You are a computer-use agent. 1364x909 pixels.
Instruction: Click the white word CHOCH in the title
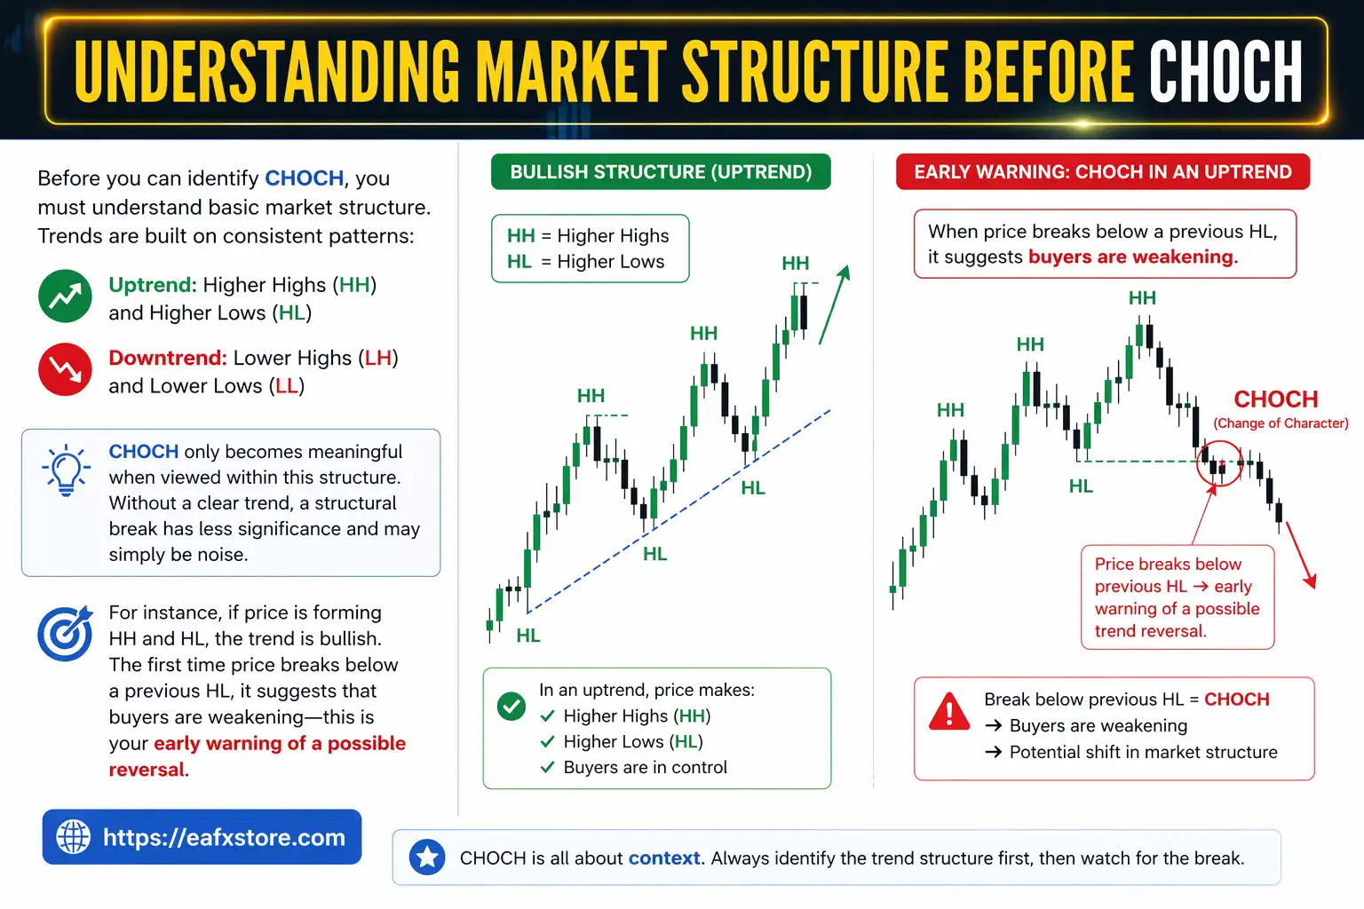click(1225, 71)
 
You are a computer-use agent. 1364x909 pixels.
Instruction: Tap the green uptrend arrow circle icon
click(65, 296)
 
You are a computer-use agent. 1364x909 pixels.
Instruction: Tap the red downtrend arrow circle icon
click(65, 369)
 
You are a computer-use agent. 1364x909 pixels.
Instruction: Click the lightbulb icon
click(66, 470)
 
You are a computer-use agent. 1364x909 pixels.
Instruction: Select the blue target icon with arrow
click(66, 633)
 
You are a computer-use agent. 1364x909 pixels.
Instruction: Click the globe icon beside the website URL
click(74, 836)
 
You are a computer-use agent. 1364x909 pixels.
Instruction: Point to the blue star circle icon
click(427, 858)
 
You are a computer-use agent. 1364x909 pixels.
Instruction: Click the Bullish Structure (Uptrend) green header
click(661, 172)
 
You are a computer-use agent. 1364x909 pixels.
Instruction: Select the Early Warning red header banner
click(1103, 172)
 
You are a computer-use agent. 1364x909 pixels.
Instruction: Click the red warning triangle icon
click(948, 713)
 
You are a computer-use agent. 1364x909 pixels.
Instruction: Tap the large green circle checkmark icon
click(511, 707)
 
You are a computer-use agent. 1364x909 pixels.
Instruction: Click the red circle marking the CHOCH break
click(1218, 463)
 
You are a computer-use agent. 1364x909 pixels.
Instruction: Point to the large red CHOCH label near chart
click(1275, 399)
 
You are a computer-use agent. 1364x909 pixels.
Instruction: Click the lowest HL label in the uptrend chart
click(528, 636)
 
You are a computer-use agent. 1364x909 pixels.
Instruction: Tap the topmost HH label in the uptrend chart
click(795, 264)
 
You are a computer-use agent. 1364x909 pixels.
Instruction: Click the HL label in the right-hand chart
click(1081, 486)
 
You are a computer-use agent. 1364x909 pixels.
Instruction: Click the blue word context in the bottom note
click(664, 858)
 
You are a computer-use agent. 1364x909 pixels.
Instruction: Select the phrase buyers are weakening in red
click(1132, 257)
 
